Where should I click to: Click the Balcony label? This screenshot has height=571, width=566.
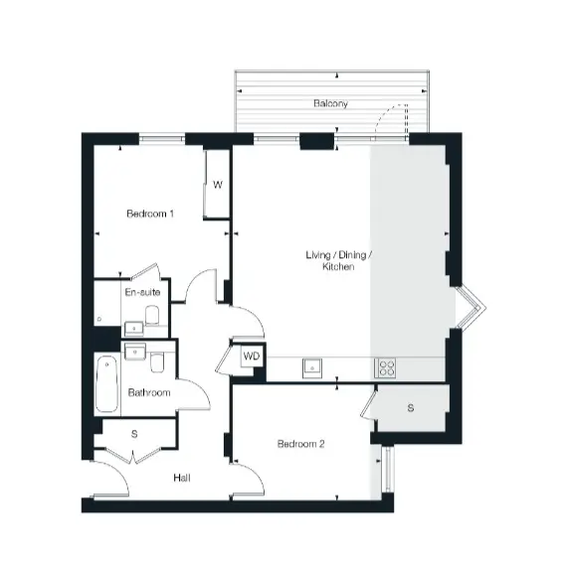(330, 104)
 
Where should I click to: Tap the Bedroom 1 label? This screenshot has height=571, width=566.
(150, 214)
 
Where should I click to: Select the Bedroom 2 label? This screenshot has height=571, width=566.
(300, 444)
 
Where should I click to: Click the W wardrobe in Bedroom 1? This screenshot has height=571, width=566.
(217, 185)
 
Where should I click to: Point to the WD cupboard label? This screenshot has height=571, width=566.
(252, 356)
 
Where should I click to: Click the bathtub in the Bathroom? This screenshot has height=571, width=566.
(106, 384)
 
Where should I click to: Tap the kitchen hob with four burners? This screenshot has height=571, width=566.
(385, 367)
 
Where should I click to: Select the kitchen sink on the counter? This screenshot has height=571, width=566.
(312, 368)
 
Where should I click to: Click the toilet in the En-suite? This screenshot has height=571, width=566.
(152, 315)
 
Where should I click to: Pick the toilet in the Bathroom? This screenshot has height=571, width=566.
(157, 362)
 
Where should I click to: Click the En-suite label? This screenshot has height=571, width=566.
(142, 292)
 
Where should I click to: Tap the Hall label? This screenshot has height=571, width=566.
(182, 478)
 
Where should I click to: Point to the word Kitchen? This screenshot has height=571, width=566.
(338, 266)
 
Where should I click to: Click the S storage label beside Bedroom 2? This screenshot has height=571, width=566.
(411, 408)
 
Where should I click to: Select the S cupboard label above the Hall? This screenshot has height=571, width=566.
(134, 434)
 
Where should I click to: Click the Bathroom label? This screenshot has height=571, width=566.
(149, 392)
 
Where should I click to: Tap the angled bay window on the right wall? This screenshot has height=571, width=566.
(471, 309)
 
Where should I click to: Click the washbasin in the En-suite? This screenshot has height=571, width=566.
(134, 329)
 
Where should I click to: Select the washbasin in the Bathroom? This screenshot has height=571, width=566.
(135, 352)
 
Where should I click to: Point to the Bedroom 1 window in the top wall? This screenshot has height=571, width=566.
(162, 138)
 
